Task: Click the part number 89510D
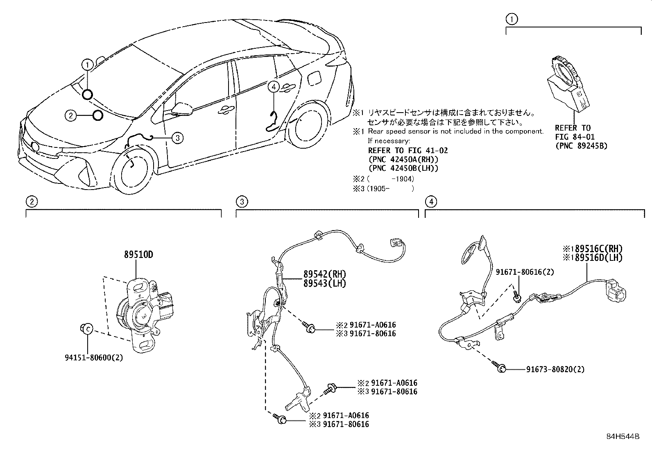pyautogui.click(x=138, y=255)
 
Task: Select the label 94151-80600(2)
pyautogui.click(x=94, y=357)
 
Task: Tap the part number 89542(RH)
pyautogui.click(x=325, y=274)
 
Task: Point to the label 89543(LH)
pyautogui.click(x=325, y=283)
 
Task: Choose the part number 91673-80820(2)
pyautogui.click(x=555, y=369)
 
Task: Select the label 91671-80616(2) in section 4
pyautogui.click(x=525, y=272)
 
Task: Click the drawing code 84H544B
pyautogui.click(x=623, y=436)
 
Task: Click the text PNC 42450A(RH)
pyautogui.click(x=403, y=159)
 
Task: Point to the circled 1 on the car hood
pyautogui.click(x=87, y=65)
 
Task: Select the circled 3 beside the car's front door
pyautogui.click(x=178, y=138)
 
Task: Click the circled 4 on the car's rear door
pyautogui.click(x=274, y=86)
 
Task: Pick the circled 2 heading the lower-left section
pyautogui.click(x=32, y=201)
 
